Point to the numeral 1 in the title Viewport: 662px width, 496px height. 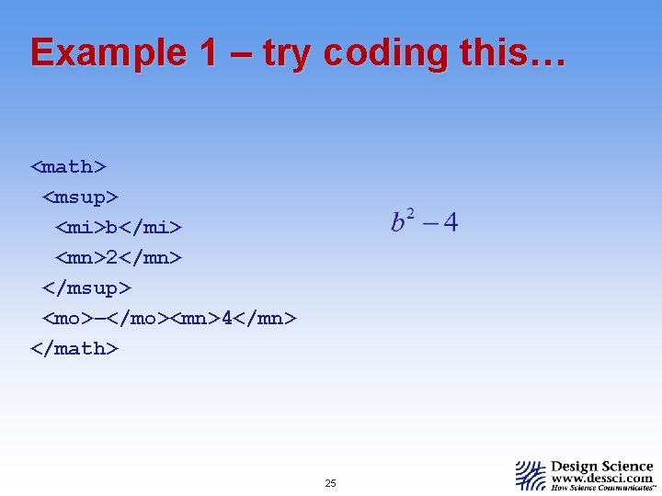(x=206, y=52)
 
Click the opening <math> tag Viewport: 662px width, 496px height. (x=69, y=166)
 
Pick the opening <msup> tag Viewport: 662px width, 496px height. (x=81, y=197)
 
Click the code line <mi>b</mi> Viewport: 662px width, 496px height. (x=119, y=227)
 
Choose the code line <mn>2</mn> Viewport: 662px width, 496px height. (x=119, y=258)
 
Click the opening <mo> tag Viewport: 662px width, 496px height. (x=68, y=319)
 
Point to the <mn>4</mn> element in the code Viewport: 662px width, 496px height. (x=234, y=319)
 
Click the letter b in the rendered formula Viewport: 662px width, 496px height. (x=399, y=223)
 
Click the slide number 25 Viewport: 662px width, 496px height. (x=331, y=483)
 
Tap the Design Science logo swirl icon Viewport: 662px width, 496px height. (x=531, y=475)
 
